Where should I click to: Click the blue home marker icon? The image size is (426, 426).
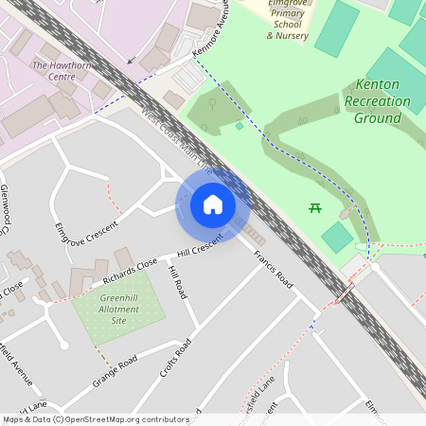pos(213,204)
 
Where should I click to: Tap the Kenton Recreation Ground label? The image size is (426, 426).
pos(378,101)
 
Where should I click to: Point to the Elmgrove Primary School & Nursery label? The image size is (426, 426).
pos(288,20)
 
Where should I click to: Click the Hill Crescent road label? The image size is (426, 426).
pos(199,245)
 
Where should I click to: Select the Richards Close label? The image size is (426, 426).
pos(131,271)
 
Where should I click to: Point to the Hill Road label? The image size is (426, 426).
pos(177,283)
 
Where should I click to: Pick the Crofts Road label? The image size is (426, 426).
pos(175,357)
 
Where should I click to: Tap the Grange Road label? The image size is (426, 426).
pos(115,371)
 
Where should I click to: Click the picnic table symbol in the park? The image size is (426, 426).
pos(315,207)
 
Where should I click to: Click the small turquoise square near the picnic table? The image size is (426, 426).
pos(337,237)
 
